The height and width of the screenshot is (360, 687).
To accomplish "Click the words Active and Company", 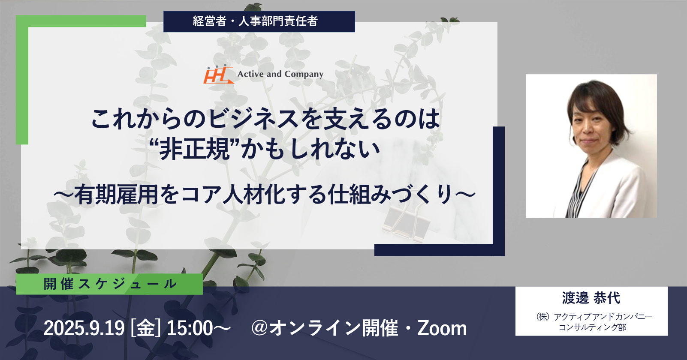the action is click(x=280, y=74).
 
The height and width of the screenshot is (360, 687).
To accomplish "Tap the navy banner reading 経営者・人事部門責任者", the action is click(x=259, y=21).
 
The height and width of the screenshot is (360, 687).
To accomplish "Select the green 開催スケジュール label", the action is click(x=109, y=284).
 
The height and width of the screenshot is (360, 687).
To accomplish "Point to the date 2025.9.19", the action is click(x=84, y=328).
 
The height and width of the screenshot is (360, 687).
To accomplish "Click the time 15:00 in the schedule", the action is click(x=190, y=328).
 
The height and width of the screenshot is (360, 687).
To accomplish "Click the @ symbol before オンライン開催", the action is click(x=260, y=328).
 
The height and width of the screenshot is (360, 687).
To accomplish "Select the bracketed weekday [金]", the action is click(x=146, y=328).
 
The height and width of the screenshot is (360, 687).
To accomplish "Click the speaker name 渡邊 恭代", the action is click(x=591, y=298).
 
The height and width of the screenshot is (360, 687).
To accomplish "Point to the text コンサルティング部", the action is click(x=592, y=327).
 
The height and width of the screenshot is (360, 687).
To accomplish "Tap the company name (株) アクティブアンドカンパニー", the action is click(x=594, y=316).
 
